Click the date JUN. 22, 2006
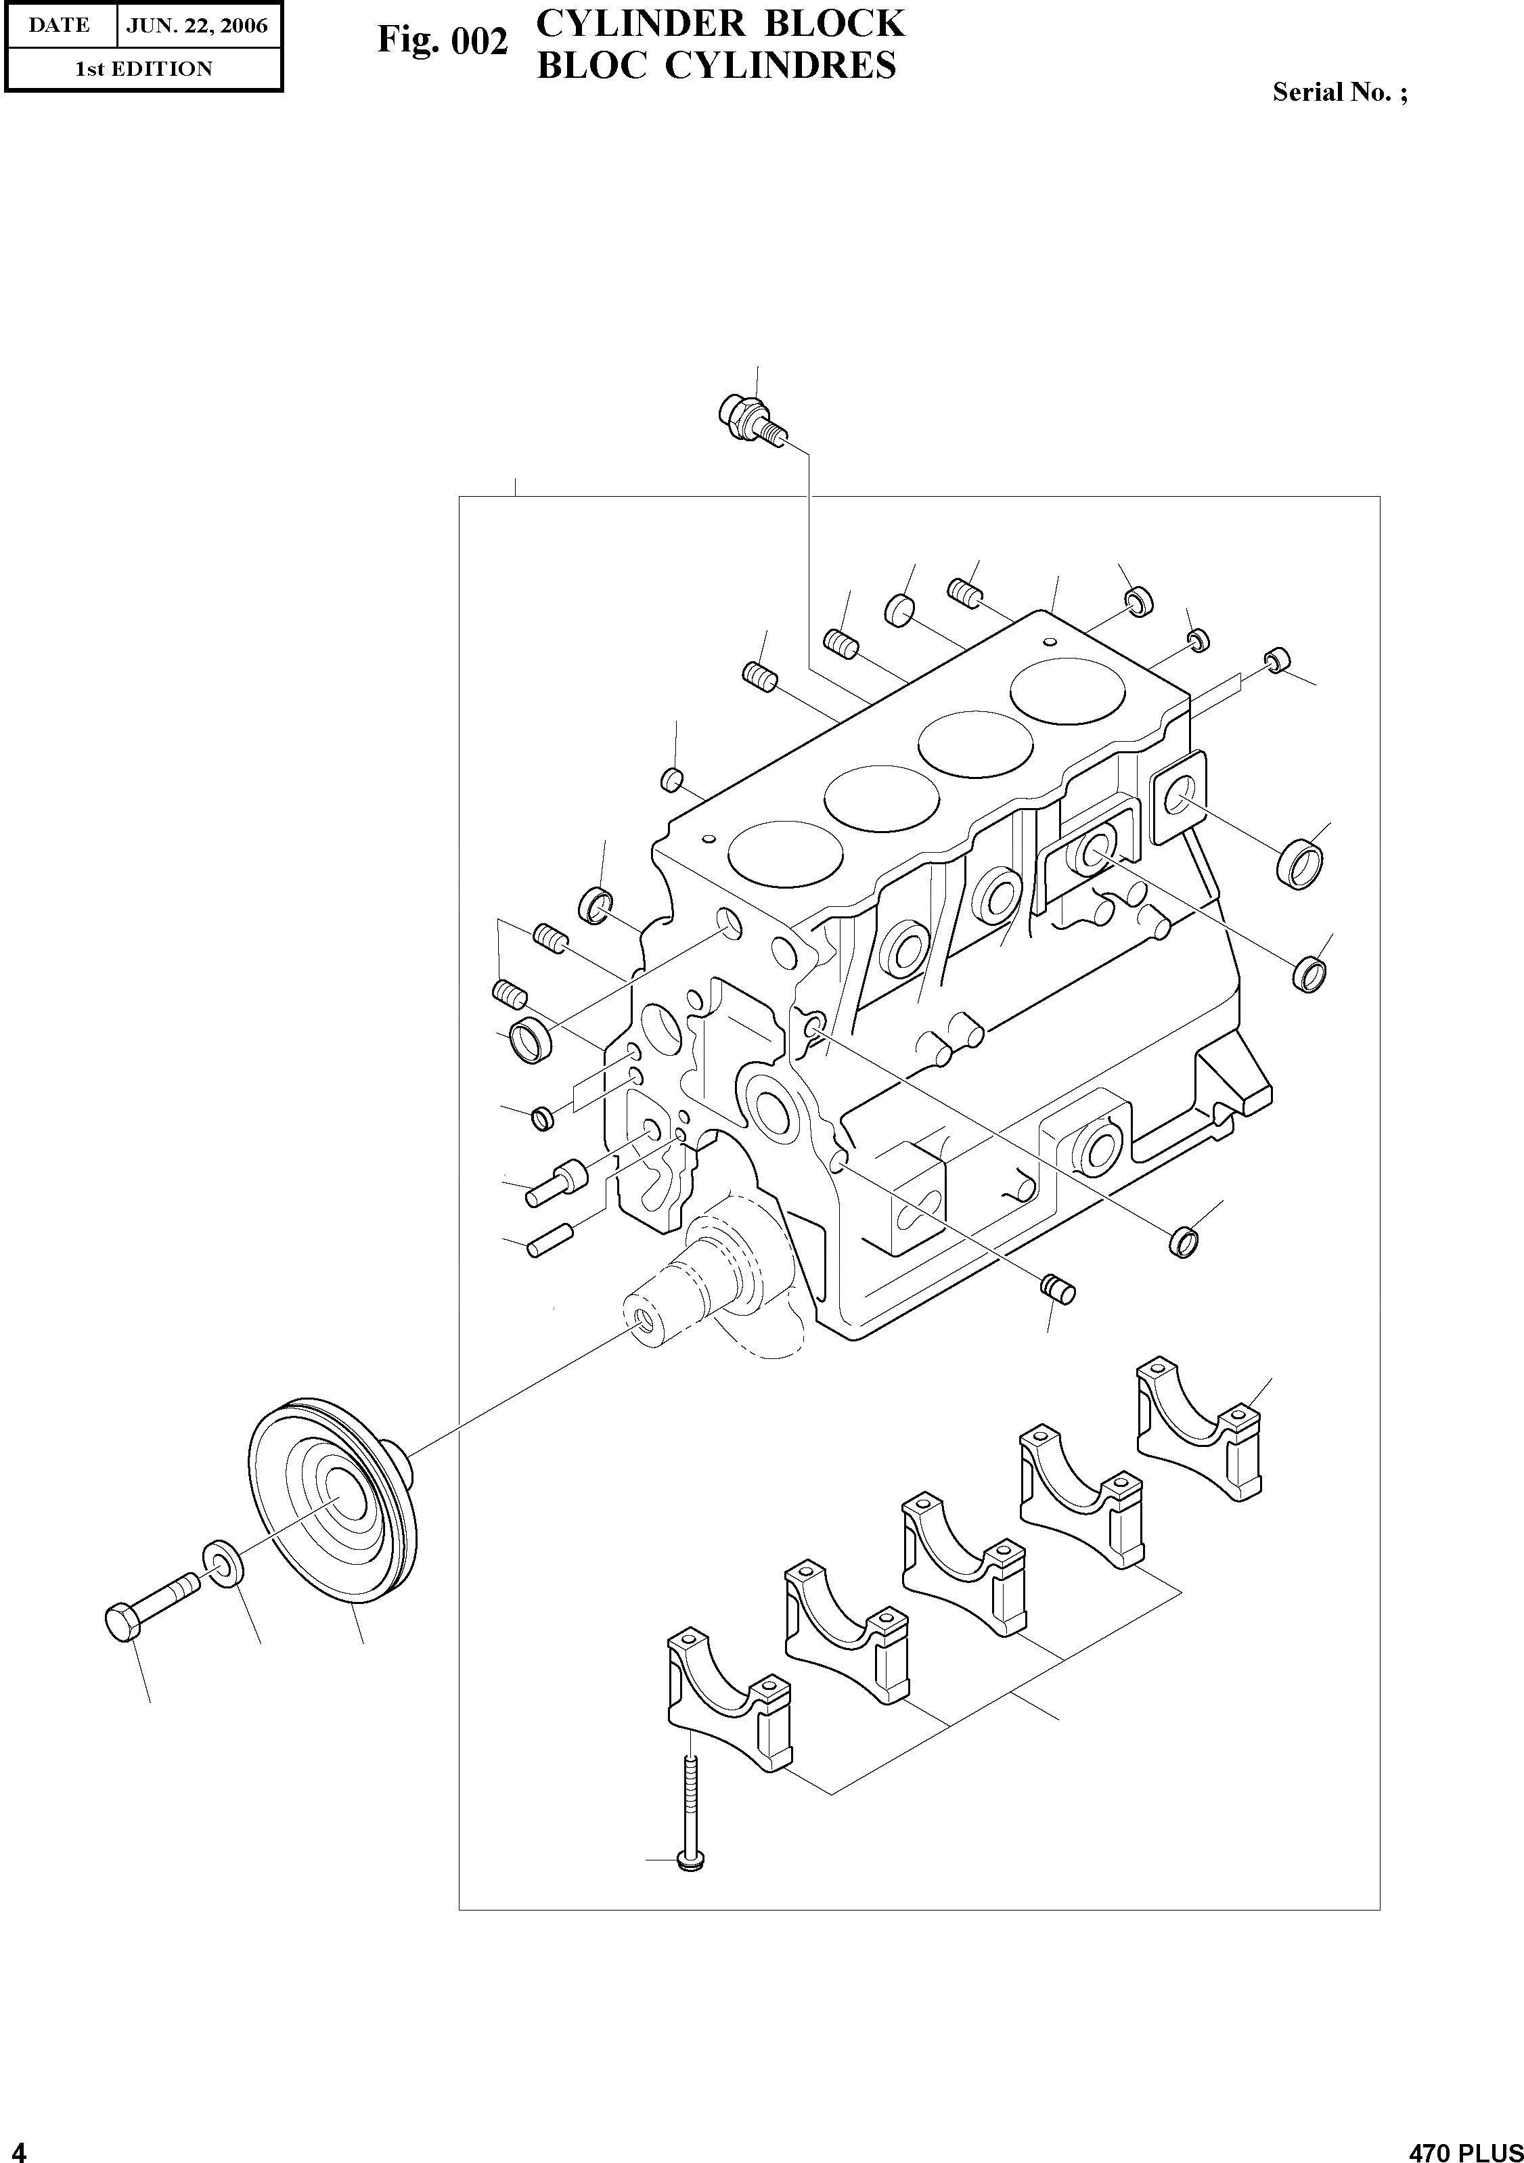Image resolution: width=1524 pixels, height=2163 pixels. click(197, 26)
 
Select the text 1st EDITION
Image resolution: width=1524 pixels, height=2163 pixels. click(143, 69)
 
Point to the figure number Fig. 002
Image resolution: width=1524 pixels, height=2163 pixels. click(443, 41)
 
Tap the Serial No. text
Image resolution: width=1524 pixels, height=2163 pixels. click(1339, 92)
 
